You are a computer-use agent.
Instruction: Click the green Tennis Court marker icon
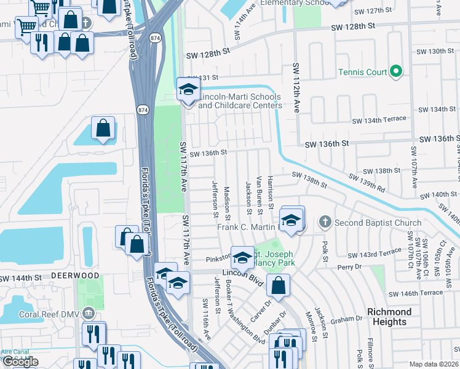(x=397, y=73)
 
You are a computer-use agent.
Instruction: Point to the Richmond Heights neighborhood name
(x=389, y=317)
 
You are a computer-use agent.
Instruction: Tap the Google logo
(x=20, y=362)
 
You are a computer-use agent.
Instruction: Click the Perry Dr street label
(x=349, y=268)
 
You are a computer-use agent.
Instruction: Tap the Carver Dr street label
(x=261, y=312)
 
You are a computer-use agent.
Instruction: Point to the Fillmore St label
(x=371, y=348)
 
